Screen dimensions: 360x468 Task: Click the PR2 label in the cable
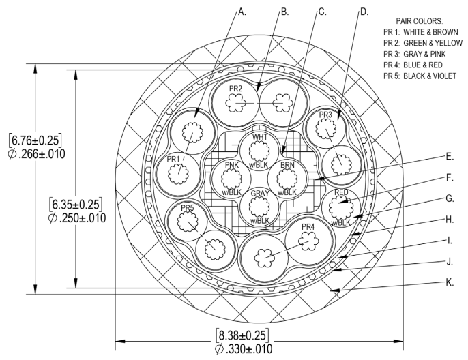[x=237, y=89]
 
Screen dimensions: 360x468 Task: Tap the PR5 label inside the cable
[x=189, y=207]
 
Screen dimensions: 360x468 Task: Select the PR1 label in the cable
[x=174, y=159]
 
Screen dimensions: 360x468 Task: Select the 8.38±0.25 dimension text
[x=242, y=335]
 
